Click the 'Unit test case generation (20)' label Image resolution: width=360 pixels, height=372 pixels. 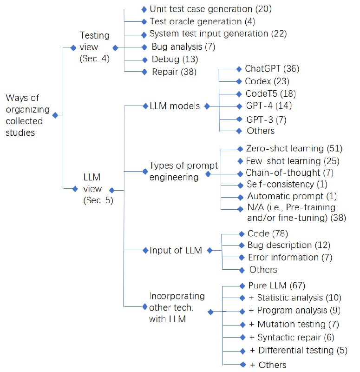point(210,9)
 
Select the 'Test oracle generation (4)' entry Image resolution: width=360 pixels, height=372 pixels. point(202,21)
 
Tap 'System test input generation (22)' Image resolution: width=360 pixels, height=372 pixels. point(218,34)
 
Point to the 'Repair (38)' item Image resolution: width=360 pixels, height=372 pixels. point(174,72)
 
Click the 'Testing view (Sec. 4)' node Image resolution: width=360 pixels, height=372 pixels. point(94,47)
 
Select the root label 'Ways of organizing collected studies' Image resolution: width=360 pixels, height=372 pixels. point(26,115)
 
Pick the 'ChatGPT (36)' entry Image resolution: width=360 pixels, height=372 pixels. point(272,69)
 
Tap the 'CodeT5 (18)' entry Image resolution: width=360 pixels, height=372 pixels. point(271,93)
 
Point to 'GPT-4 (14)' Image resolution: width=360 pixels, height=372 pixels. point(268,106)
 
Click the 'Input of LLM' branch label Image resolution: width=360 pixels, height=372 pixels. point(176,251)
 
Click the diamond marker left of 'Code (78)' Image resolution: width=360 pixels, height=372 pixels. point(241,233)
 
